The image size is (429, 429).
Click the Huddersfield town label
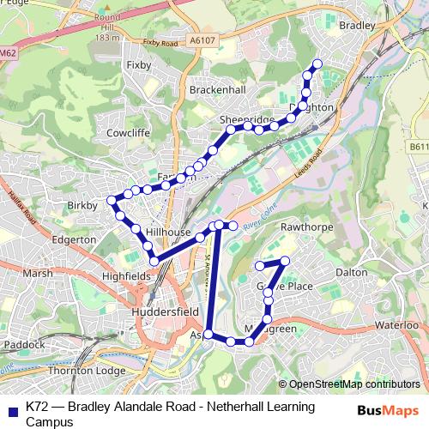166,313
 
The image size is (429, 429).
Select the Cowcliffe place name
128,133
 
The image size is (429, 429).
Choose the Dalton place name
351,271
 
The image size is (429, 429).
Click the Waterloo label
395,326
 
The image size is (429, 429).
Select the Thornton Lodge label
87,371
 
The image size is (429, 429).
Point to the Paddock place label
24,345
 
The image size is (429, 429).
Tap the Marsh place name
38,273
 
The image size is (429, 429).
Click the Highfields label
126,276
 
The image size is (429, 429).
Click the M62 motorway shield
8,53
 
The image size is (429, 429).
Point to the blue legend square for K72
12,407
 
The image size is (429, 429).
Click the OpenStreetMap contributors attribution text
353,384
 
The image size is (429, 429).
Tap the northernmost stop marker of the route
317,63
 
